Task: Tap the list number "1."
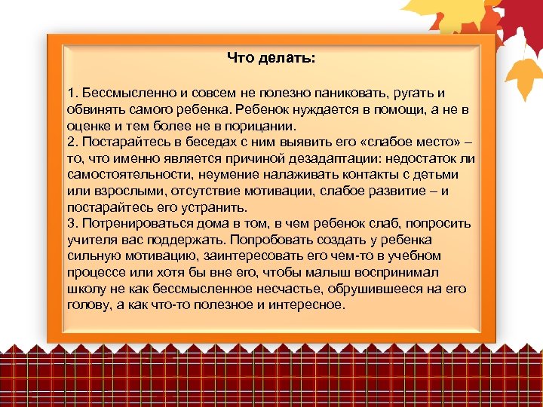pyautogui.click(x=72, y=93)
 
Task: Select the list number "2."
pyautogui.click(x=72, y=142)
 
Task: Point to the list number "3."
pyautogui.click(x=72, y=224)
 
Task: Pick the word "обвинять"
pyautogui.click(x=91, y=109)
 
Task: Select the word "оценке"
pyautogui.click(x=86, y=126)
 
